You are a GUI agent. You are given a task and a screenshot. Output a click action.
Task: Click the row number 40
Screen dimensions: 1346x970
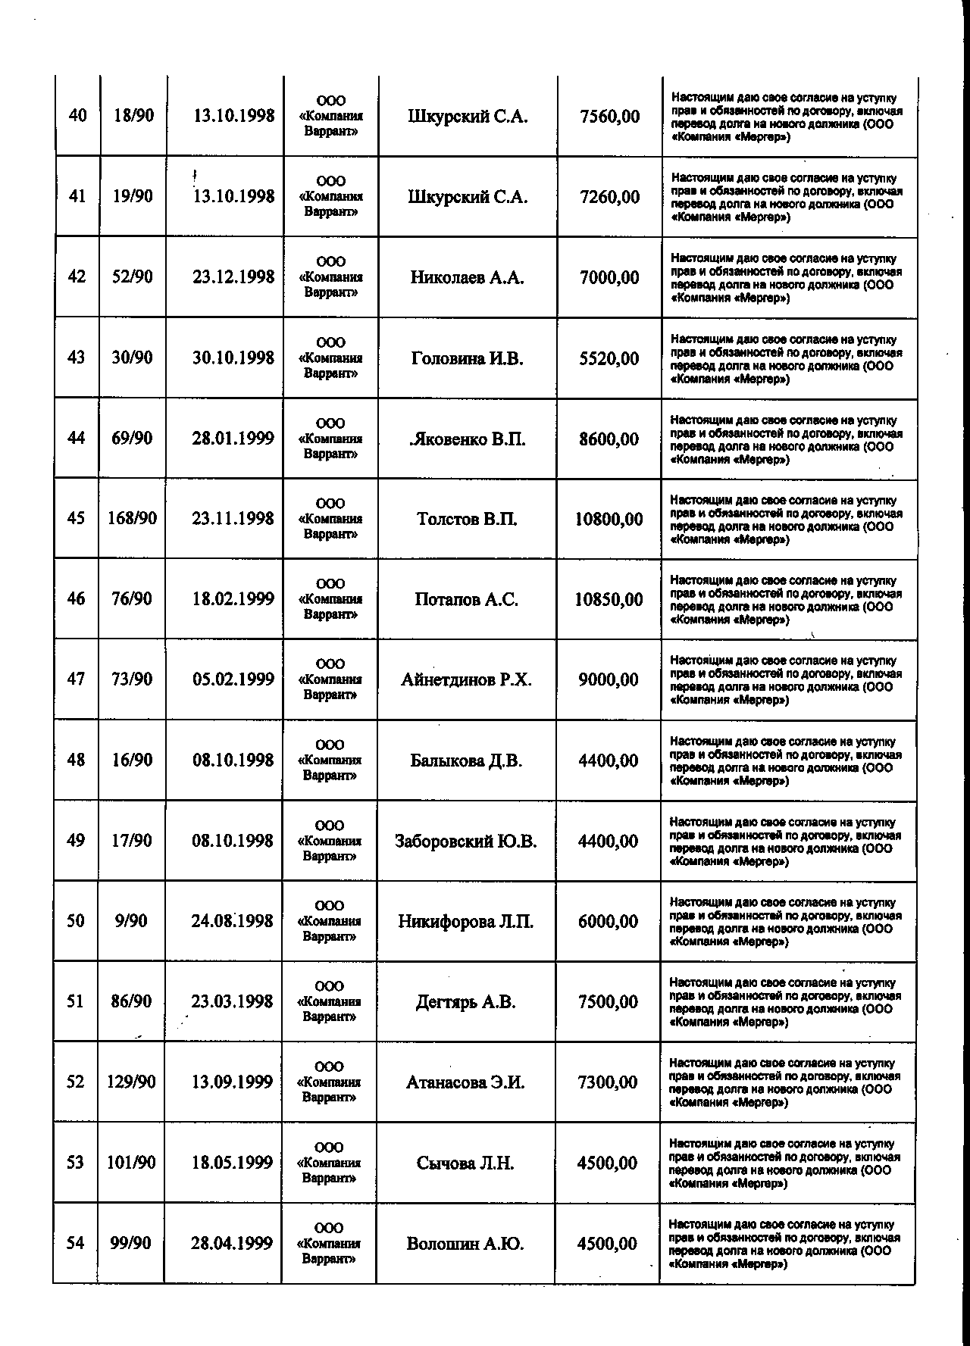pyautogui.click(x=77, y=116)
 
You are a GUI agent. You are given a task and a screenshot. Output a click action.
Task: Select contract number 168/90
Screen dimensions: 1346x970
pyautogui.click(x=133, y=518)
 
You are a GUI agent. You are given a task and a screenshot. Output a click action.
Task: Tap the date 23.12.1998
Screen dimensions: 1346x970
pyautogui.click(x=233, y=276)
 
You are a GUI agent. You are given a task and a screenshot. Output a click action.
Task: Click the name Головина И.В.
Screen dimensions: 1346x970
pyautogui.click(x=467, y=358)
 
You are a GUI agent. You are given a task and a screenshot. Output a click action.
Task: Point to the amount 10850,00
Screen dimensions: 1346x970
pyautogui.click(x=609, y=600)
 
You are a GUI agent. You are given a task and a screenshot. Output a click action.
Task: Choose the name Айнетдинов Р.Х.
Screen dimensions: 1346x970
pyautogui.click(x=466, y=680)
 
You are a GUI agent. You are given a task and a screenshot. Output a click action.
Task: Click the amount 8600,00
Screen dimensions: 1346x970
pyautogui.click(x=609, y=439)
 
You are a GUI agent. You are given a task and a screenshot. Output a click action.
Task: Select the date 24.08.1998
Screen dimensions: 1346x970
pyautogui.click(x=232, y=921)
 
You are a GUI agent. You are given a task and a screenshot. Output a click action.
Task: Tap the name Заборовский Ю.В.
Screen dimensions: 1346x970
pyautogui.click(x=465, y=842)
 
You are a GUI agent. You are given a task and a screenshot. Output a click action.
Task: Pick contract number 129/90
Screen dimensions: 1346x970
pyautogui.click(x=131, y=1082)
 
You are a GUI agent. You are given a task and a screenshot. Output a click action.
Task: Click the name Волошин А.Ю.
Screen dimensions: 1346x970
pyautogui.click(x=465, y=1244)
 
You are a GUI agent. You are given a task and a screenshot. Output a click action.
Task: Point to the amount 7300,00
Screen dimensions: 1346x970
pyautogui.click(x=607, y=1082)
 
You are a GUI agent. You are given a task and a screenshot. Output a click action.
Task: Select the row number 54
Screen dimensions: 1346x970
pyautogui.click(x=75, y=1243)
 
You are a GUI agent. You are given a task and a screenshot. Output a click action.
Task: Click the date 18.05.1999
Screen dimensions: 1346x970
pyautogui.click(x=232, y=1163)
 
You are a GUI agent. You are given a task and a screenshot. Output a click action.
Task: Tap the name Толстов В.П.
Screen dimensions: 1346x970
pyautogui.click(x=467, y=520)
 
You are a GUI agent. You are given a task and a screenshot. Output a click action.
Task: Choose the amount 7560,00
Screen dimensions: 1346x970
pyautogui.click(x=609, y=117)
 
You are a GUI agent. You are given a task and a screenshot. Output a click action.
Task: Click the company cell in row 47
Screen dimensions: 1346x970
pyautogui.click(x=330, y=679)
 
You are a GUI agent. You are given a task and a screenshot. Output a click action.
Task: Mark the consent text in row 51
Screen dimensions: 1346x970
pyautogui.click(x=785, y=1002)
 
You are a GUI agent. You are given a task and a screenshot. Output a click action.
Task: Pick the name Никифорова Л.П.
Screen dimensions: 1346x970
pyautogui.click(x=465, y=922)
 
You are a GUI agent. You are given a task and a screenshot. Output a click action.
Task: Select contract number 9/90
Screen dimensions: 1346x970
pyautogui.click(x=131, y=921)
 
